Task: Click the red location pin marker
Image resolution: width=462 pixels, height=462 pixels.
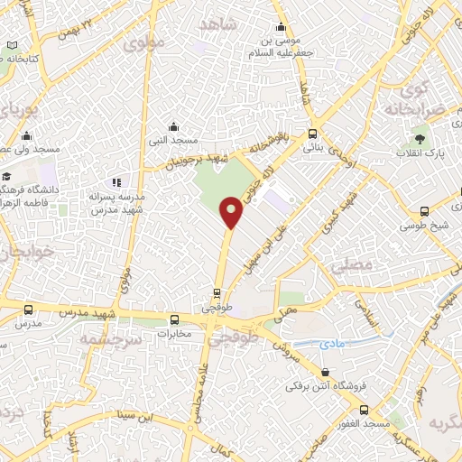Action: click(231, 213)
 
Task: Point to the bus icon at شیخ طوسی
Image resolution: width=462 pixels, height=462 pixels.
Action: click(424, 211)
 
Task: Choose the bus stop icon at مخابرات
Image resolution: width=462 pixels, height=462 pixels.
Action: click(174, 319)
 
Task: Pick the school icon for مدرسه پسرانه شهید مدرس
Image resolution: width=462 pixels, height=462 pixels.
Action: click(116, 183)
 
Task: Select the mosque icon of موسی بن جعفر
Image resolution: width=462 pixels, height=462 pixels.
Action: click(282, 25)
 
